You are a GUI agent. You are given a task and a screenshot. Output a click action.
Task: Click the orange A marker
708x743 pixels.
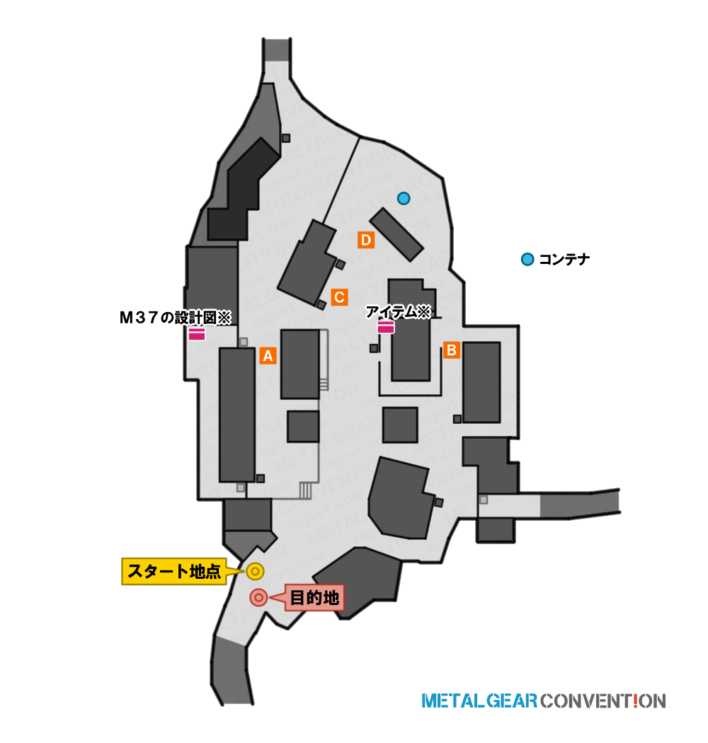coord(268,355)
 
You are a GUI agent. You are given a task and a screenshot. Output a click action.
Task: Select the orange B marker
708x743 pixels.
coord(452,350)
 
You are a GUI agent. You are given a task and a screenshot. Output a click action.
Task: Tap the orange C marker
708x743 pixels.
coord(340,297)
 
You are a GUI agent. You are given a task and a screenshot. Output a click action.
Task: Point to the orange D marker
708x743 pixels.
coord(366,240)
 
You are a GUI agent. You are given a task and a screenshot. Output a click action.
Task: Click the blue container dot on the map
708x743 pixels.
coord(404,198)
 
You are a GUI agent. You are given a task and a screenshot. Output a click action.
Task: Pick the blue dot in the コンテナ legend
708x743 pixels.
coord(527,259)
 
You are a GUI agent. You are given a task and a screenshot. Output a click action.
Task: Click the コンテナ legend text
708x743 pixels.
coord(564,259)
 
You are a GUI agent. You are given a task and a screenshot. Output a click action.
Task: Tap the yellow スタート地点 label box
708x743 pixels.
coord(174,572)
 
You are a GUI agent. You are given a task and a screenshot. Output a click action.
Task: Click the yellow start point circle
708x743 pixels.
coord(255,572)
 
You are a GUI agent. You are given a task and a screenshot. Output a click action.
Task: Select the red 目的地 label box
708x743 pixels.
coord(314,597)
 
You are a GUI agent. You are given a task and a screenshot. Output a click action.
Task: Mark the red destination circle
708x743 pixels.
coord(258,597)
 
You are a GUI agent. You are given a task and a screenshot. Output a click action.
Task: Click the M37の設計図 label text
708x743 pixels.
coord(175,317)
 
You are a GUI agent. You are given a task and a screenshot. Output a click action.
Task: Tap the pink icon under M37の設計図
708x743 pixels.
coord(197,333)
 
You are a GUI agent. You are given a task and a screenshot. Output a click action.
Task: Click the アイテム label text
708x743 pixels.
coord(398,311)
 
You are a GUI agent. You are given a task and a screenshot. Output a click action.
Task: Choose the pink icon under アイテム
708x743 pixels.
coord(386,327)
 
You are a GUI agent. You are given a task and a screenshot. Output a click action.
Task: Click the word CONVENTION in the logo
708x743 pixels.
coord(603,701)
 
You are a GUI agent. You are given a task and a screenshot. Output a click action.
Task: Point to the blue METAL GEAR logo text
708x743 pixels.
coord(479,701)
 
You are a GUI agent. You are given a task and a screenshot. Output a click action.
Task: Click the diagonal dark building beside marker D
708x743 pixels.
coord(396,234)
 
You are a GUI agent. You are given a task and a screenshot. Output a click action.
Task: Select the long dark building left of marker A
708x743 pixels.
coord(237,415)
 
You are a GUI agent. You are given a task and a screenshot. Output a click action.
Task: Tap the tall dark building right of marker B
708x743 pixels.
coord(482,382)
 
